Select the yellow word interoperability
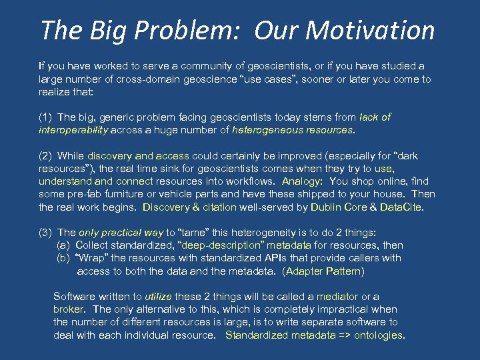click(x=73, y=130)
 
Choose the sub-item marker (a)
click(x=64, y=245)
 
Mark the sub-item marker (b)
click(x=64, y=258)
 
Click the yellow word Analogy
click(x=302, y=181)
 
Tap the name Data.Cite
click(x=401, y=207)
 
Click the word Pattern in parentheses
click(x=341, y=271)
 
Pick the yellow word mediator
click(x=337, y=297)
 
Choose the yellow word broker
click(x=68, y=309)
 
